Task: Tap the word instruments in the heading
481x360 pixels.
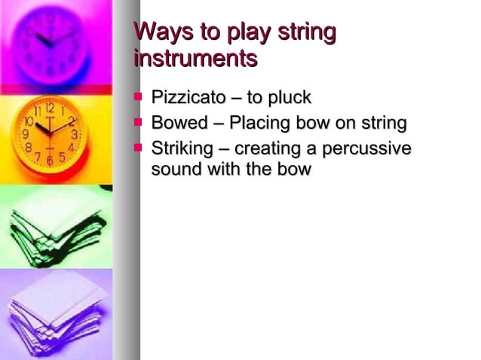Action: point(195,57)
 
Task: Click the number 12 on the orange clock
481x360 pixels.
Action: point(50,108)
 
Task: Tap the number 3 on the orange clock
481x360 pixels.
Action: point(75,135)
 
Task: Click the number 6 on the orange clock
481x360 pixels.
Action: point(50,160)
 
